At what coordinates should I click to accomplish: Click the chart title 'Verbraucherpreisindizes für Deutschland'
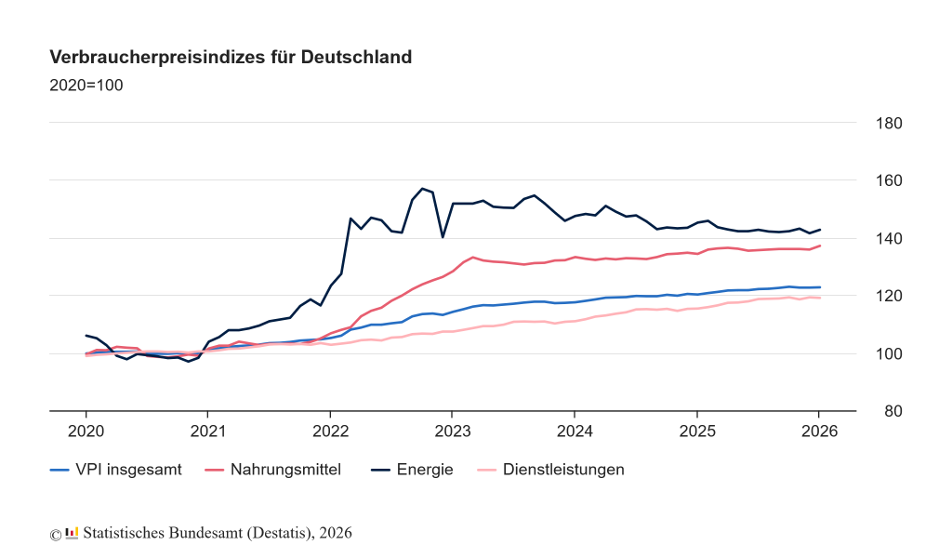(231, 58)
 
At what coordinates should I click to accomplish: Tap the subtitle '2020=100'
(86, 86)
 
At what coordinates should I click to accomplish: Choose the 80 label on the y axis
(887, 411)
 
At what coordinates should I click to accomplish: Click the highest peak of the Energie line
(422, 189)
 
